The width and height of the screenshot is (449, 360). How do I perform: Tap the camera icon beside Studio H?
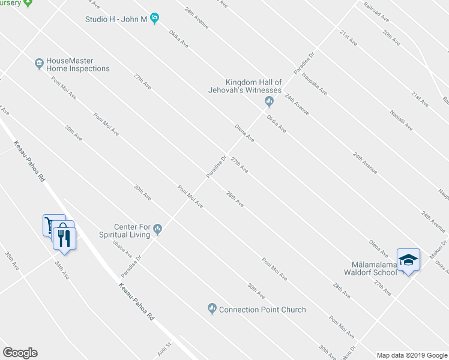[x=154, y=19]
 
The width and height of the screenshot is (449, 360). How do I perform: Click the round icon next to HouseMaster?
[x=39, y=62]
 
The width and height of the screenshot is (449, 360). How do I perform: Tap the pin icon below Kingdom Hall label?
[x=269, y=102]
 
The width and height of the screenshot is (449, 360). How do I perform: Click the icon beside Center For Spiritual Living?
[x=158, y=227]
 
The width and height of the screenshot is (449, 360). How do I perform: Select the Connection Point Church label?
[x=262, y=310]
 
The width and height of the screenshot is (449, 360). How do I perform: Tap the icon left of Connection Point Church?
[x=211, y=309]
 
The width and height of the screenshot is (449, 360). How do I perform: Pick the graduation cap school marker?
[x=408, y=260]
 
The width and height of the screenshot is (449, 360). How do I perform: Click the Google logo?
[x=20, y=353]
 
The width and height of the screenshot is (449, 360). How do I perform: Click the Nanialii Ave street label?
[x=401, y=120]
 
